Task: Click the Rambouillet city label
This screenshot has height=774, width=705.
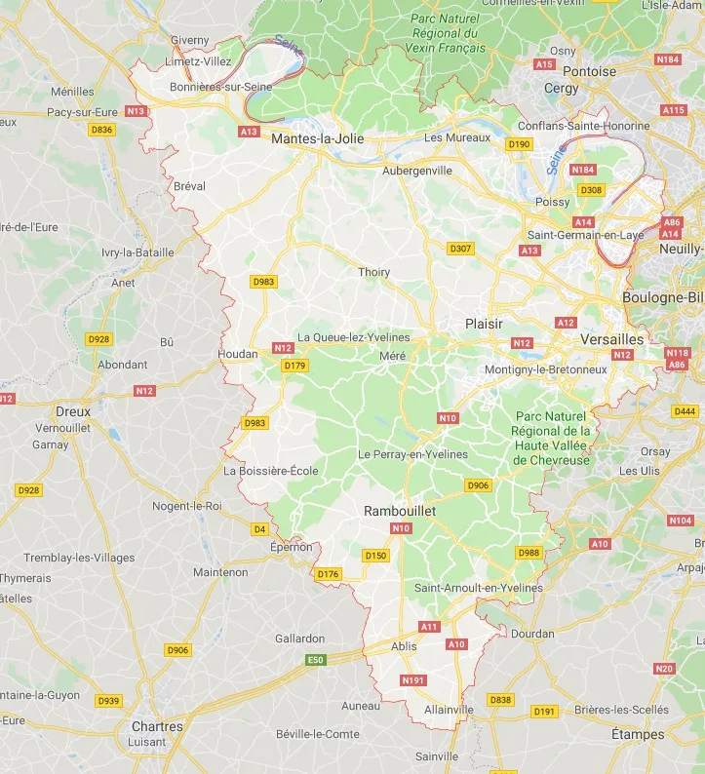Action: [400, 511]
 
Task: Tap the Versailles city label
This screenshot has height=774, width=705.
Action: [611, 339]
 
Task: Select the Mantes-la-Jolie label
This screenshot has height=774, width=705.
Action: [317, 139]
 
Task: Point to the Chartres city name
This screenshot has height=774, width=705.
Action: [157, 727]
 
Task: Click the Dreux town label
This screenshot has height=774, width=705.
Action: [73, 411]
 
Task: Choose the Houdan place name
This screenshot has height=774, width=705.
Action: [239, 354]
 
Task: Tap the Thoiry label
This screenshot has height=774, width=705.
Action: [374, 273]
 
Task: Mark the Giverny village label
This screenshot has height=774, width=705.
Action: [190, 40]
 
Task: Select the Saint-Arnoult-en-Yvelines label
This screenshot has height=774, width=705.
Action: [479, 588]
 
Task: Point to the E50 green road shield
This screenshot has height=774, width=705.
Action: [314, 660]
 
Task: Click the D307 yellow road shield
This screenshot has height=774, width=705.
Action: [460, 249]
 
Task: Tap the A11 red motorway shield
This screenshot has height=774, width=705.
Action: [429, 626]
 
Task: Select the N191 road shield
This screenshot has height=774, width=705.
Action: [413, 680]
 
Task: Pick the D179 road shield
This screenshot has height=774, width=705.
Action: [294, 366]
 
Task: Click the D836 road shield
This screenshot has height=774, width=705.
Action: [101, 130]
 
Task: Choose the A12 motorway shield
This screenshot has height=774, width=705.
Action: [566, 322]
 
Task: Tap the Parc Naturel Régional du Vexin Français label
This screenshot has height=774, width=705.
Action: [447, 33]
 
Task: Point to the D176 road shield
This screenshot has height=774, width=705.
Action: [328, 574]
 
